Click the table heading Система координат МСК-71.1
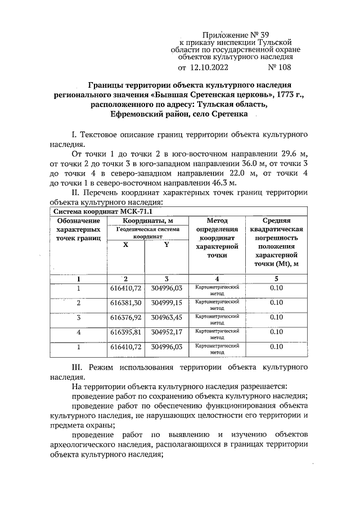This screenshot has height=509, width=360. pyautogui.click(x=87, y=211)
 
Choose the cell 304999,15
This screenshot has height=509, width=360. pyautogui.click(x=167, y=303)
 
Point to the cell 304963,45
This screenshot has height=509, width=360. pyautogui.click(x=167, y=318)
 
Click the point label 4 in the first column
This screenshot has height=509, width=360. pyautogui.click(x=79, y=332)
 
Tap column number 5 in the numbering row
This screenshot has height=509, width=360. pyautogui.click(x=276, y=278)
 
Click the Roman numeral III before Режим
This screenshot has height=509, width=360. pyautogui.click(x=79, y=367)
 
